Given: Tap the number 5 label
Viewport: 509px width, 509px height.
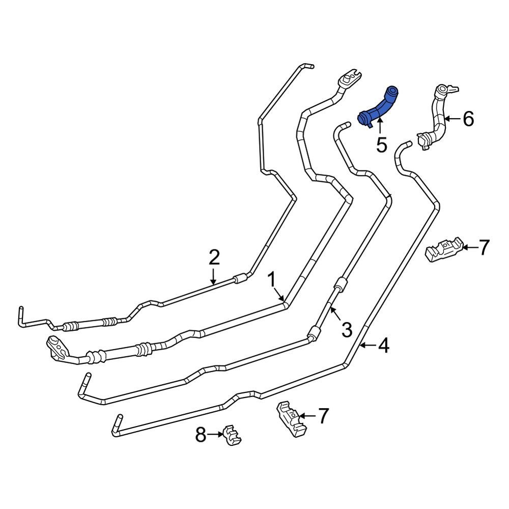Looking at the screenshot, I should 381,145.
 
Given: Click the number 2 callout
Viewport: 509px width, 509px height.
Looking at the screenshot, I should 214,258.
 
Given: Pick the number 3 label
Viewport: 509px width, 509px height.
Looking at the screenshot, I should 346,330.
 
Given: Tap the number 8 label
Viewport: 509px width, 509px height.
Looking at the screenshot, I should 201,435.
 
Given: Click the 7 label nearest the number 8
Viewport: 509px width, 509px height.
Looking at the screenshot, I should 323,416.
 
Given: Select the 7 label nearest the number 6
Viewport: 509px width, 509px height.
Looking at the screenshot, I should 483,248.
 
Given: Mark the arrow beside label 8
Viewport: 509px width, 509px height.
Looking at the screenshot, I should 216,434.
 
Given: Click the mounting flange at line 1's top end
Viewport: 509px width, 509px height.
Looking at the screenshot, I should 350,78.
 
